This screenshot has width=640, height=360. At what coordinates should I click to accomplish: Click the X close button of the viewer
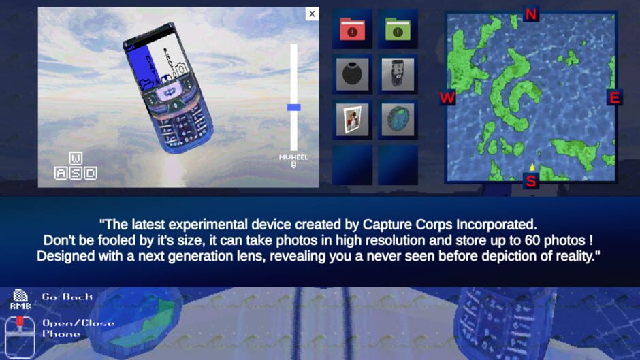[x=312, y=14]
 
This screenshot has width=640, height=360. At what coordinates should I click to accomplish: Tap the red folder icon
[x=352, y=29]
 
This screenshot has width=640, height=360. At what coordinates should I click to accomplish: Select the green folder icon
[x=398, y=29]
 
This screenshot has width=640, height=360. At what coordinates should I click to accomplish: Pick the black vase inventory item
[x=352, y=74]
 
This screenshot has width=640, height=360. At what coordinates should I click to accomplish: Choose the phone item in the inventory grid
[x=398, y=74]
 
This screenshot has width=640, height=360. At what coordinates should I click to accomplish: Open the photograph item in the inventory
[x=352, y=120]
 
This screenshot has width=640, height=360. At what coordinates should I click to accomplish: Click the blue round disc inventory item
[x=398, y=120]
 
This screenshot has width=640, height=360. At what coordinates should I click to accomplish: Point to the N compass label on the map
[x=531, y=14]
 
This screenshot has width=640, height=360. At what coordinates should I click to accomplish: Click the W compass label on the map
[x=447, y=98]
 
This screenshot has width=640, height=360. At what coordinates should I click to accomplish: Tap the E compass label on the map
[x=614, y=98]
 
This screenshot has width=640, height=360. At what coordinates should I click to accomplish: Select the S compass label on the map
[x=531, y=181]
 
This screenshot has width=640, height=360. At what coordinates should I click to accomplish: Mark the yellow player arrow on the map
[x=532, y=167]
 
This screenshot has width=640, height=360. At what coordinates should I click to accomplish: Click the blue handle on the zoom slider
[x=293, y=107]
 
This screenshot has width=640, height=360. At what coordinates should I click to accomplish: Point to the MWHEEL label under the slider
[x=293, y=157]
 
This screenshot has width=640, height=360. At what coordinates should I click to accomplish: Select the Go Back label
[x=67, y=297]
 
